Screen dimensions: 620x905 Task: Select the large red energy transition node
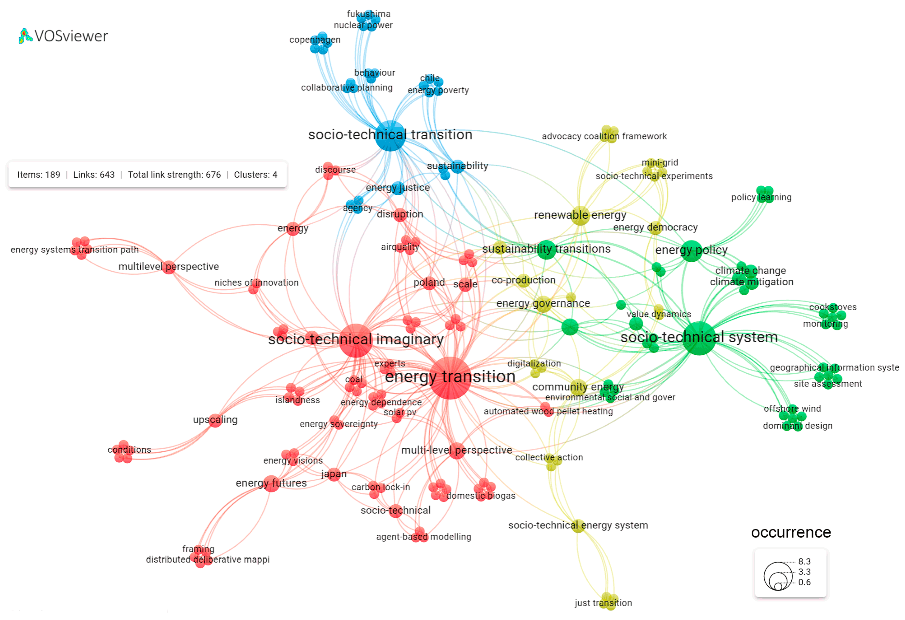click(x=450, y=378)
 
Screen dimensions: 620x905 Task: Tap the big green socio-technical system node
click(x=699, y=338)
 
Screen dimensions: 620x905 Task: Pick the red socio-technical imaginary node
click(x=356, y=340)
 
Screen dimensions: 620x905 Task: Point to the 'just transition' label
click(x=603, y=603)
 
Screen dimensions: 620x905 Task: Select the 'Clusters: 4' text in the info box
click(x=255, y=175)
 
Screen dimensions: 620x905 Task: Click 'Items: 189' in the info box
click(x=39, y=175)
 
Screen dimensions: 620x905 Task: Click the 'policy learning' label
click(x=761, y=197)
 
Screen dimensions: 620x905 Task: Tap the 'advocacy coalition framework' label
click(x=604, y=136)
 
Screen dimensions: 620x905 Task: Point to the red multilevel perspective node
click(x=169, y=267)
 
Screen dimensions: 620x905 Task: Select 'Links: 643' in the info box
click(x=94, y=175)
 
